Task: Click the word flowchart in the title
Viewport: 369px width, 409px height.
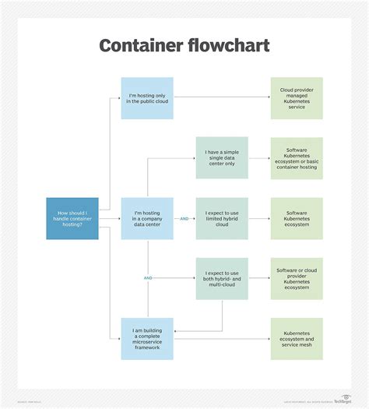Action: coord(228,45)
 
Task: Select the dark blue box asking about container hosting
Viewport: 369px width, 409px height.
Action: coord(72,218)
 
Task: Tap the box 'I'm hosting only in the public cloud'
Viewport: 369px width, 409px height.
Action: coord(147,98)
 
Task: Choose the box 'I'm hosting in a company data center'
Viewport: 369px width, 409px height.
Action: coord(147,218)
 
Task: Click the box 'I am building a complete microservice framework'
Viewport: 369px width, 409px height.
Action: coord(147,338)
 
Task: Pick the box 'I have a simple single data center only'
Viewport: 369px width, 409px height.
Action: coord(222,158)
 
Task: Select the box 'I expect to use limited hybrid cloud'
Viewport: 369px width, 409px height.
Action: coord(222,218)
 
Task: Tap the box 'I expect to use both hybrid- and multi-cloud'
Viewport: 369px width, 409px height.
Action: coord(222,278)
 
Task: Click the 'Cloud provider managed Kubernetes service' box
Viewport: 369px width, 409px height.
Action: coord(297,98)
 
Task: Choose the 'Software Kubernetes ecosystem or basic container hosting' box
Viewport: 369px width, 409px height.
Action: coord(297,158)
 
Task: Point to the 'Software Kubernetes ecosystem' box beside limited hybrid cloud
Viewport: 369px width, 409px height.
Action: coord(297,218)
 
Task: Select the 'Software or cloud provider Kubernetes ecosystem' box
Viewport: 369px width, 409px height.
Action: coord(297,278)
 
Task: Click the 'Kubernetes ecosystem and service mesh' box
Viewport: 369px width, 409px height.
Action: coord(297,338)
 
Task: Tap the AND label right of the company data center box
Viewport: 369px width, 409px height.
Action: coord(184,219)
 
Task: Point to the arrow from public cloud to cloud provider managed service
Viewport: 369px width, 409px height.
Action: coord(222,98)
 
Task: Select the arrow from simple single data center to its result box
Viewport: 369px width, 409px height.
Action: coord(259,158)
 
